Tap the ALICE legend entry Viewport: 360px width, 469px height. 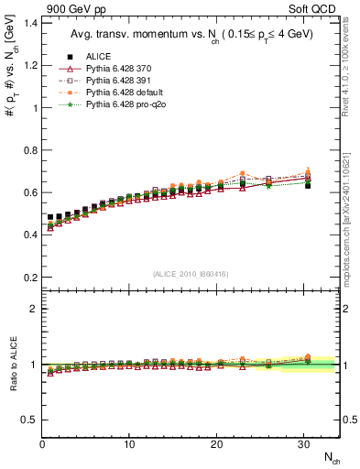(x=101, y=56)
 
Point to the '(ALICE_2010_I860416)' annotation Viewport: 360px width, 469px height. (x=191, y=274)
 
